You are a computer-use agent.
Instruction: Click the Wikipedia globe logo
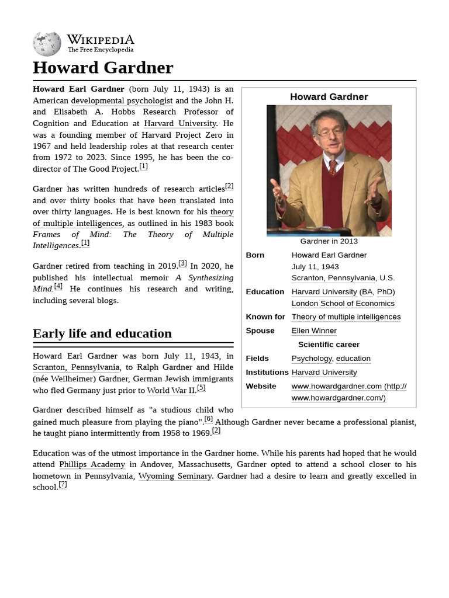[x=47, y=44]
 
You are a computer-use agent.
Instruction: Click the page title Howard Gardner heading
[x=103, y=68]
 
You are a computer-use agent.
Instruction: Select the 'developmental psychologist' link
[x=122, y=100]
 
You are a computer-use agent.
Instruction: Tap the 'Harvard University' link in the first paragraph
[x=180, y=123]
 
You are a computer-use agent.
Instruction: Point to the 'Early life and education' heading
[x=102, y=333]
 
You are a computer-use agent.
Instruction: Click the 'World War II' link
[x=171, y=390]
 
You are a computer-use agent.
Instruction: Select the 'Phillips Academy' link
[x=92, y=464]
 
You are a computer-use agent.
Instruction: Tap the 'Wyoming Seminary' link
[x=175, y=476]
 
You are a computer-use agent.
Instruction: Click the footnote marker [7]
[x=63, y=485]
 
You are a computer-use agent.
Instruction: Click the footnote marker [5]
[x=201, y=388]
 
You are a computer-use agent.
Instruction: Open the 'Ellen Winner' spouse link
[x=314, y=331]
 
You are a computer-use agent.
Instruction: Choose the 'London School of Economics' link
[x=343, y=304]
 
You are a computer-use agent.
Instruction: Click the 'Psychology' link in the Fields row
[x=311, y=358]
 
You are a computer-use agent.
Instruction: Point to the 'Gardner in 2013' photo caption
[x=329, y=241]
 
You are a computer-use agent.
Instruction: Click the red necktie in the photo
[x=332, y=168]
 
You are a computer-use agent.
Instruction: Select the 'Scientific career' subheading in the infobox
[x=329, y=345]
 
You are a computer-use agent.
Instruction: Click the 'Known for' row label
[x=265, y=317]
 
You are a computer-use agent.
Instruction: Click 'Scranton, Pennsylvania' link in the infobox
[x=333, y=278]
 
